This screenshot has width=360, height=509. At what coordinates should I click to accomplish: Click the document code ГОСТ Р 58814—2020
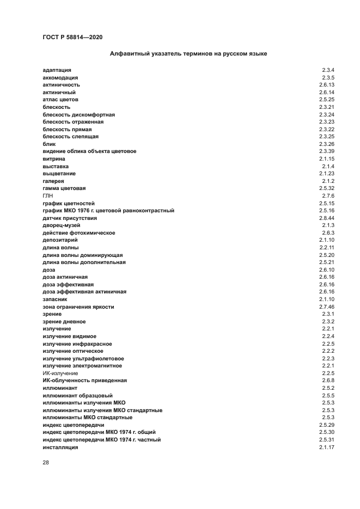tap(72, 37)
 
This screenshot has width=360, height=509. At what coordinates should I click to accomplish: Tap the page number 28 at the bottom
tap(46, 462)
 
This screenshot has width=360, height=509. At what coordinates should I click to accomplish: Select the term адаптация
tap(57, 70)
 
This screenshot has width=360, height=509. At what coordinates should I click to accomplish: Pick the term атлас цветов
tap(60, 100)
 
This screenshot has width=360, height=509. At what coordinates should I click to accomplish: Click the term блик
tap(49, 144)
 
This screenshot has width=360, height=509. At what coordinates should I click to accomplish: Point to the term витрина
tap(54, 158)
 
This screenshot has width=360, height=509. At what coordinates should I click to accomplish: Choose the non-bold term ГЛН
tap(48, 195)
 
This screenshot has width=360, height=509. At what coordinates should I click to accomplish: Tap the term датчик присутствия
tap(70, 218)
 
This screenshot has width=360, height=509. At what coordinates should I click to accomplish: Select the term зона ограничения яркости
tap(78, 306)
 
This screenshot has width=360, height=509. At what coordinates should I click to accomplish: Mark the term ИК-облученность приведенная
tap(84, 381)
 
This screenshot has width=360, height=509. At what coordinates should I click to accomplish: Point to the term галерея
tap(53, 181)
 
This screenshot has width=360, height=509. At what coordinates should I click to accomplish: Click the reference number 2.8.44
tap(326, 218)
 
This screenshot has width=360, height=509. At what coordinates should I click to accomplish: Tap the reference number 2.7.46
tap(326, 306)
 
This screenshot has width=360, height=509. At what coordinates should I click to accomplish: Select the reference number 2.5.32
tap(326, 188)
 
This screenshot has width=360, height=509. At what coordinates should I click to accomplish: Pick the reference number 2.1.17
tap(326, 447)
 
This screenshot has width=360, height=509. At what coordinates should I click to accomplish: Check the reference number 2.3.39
tap(326, 151)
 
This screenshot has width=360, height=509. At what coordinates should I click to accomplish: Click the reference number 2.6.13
tap(326, 85)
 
